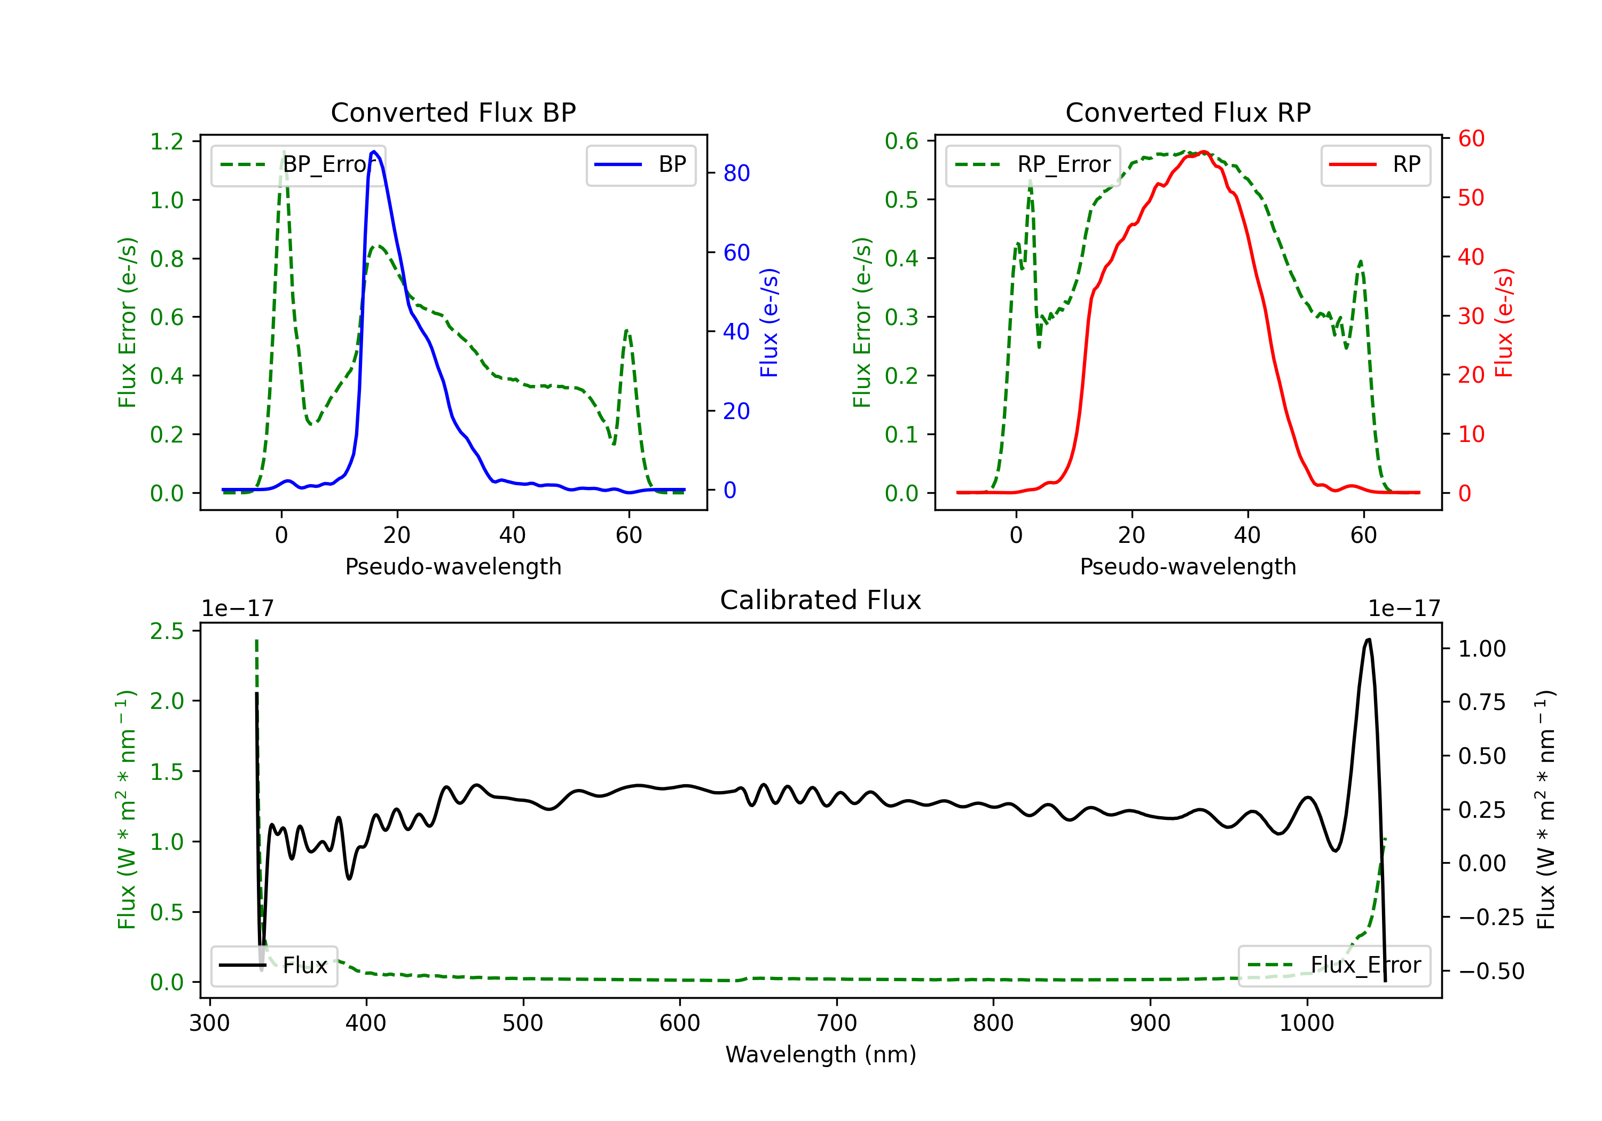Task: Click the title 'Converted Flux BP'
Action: click(x=453, y=112)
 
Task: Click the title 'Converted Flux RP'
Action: click(x=1188, y=112)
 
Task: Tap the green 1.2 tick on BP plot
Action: click(x=167, y=141)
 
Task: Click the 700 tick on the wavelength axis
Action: click(x=837, y=1023)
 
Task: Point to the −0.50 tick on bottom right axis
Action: click(x=1491, y=971)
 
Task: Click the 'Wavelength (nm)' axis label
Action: click(x=821, y=1055)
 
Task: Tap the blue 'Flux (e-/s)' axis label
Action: click(x=769, y=323)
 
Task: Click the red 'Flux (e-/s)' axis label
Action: click(x=1504, y=323)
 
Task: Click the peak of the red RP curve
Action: click(x=1204, y=152)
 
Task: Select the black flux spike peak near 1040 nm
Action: click(x=1368, y=640)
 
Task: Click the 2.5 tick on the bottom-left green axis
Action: click(x=167, y=631)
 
